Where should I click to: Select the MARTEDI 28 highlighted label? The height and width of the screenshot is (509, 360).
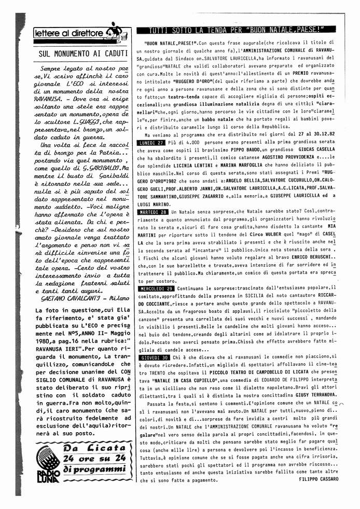(152, 213)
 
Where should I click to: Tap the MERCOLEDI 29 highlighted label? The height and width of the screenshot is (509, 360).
(156, 288)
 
